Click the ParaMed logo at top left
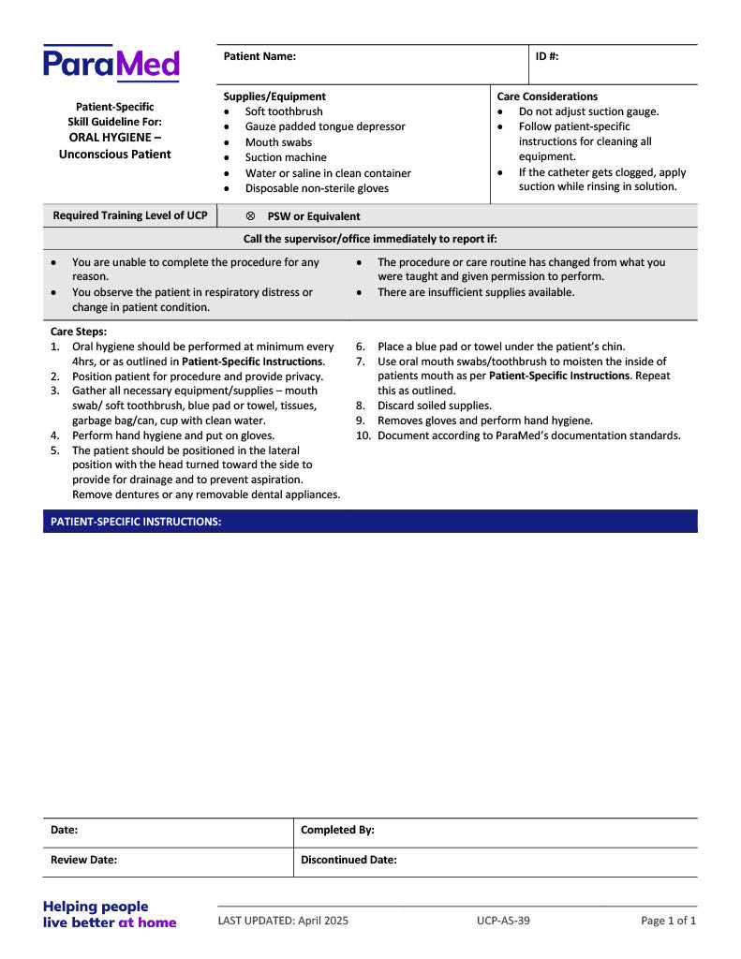(111, 64)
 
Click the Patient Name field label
(259, 56)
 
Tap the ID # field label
(547, 56)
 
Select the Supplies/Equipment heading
(274, 96)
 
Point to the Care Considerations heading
(547, 96)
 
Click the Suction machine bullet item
(286, 157)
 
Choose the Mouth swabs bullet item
(278, 142)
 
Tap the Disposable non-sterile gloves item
(317, 188)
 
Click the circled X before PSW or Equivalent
(250, 216)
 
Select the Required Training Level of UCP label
(130, 215)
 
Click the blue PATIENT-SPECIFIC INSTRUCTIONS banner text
(136, 522)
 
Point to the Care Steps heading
(79, 332)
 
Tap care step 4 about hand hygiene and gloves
(172, 435)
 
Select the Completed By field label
(337, 830)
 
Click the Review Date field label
(83, 860)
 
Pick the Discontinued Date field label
(348, 860)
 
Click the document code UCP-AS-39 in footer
(503, 921)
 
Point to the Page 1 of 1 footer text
(668, 921)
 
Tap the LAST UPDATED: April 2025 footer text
(283, 921)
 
